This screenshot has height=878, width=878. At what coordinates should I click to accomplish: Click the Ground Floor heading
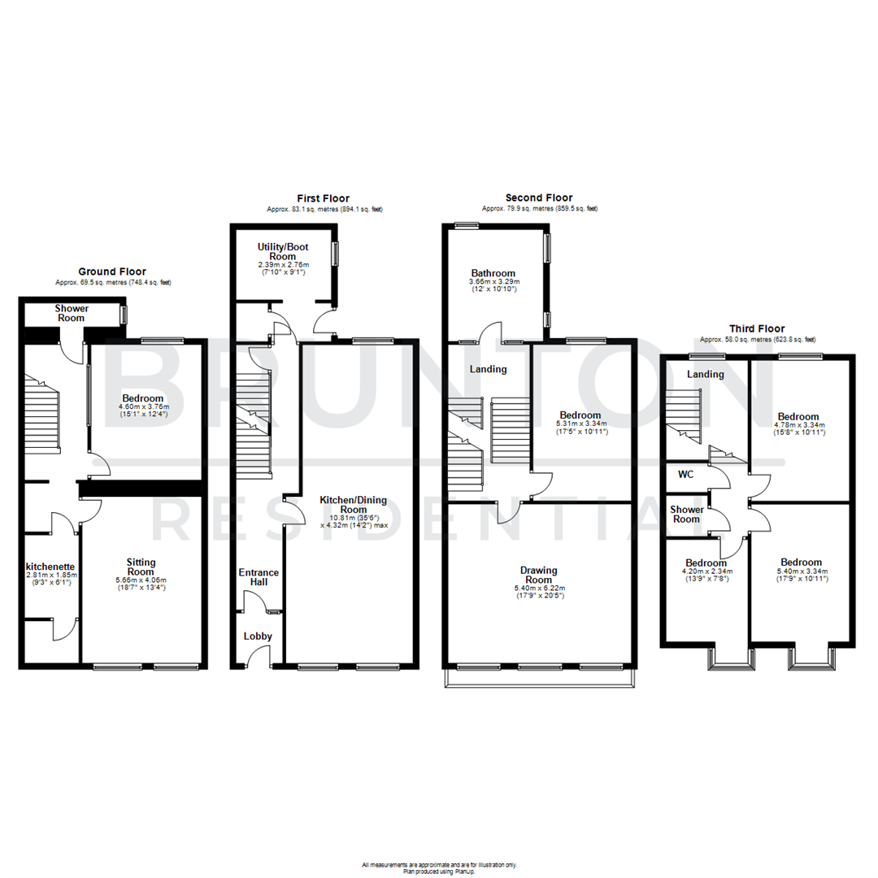tap(112, 272)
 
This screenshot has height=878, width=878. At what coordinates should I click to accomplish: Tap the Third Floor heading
tap(757, 328)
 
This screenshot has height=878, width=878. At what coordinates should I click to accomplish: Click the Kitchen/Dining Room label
tap(353, 504)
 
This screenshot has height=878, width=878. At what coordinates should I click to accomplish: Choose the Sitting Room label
tap(141, 567)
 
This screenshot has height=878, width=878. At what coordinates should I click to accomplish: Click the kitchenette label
tap(50, 566)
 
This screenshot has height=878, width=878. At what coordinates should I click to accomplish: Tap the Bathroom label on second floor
tap(493, 272)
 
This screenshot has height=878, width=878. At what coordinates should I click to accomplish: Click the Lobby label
tap(259, 637)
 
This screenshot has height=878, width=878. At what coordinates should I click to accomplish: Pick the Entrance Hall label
tap(259, 577)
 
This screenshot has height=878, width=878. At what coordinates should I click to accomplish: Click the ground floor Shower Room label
tap(72, 313)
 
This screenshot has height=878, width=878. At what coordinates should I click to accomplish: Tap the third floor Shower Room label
tap(685, 515)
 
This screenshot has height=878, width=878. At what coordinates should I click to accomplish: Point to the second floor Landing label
tap(488, 369)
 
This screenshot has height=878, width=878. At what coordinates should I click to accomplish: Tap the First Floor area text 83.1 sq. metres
tap(324, 209)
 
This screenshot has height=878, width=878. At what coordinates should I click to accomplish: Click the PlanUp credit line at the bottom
tap(438, 871)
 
